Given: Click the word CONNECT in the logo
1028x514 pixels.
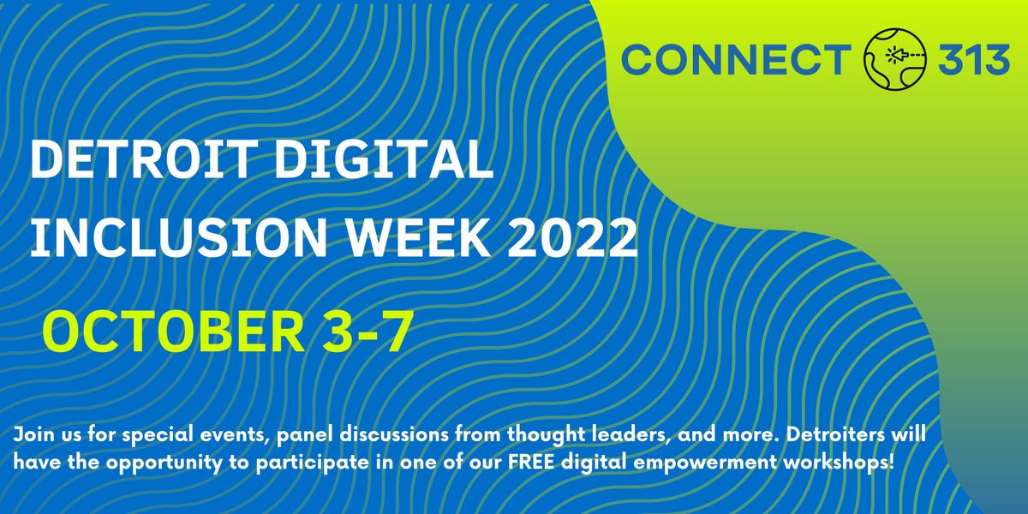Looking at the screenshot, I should coord(733,60).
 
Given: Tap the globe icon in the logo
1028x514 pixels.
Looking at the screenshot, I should coord(895,58).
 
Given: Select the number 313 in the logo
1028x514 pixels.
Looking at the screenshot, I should coord(975,60).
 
